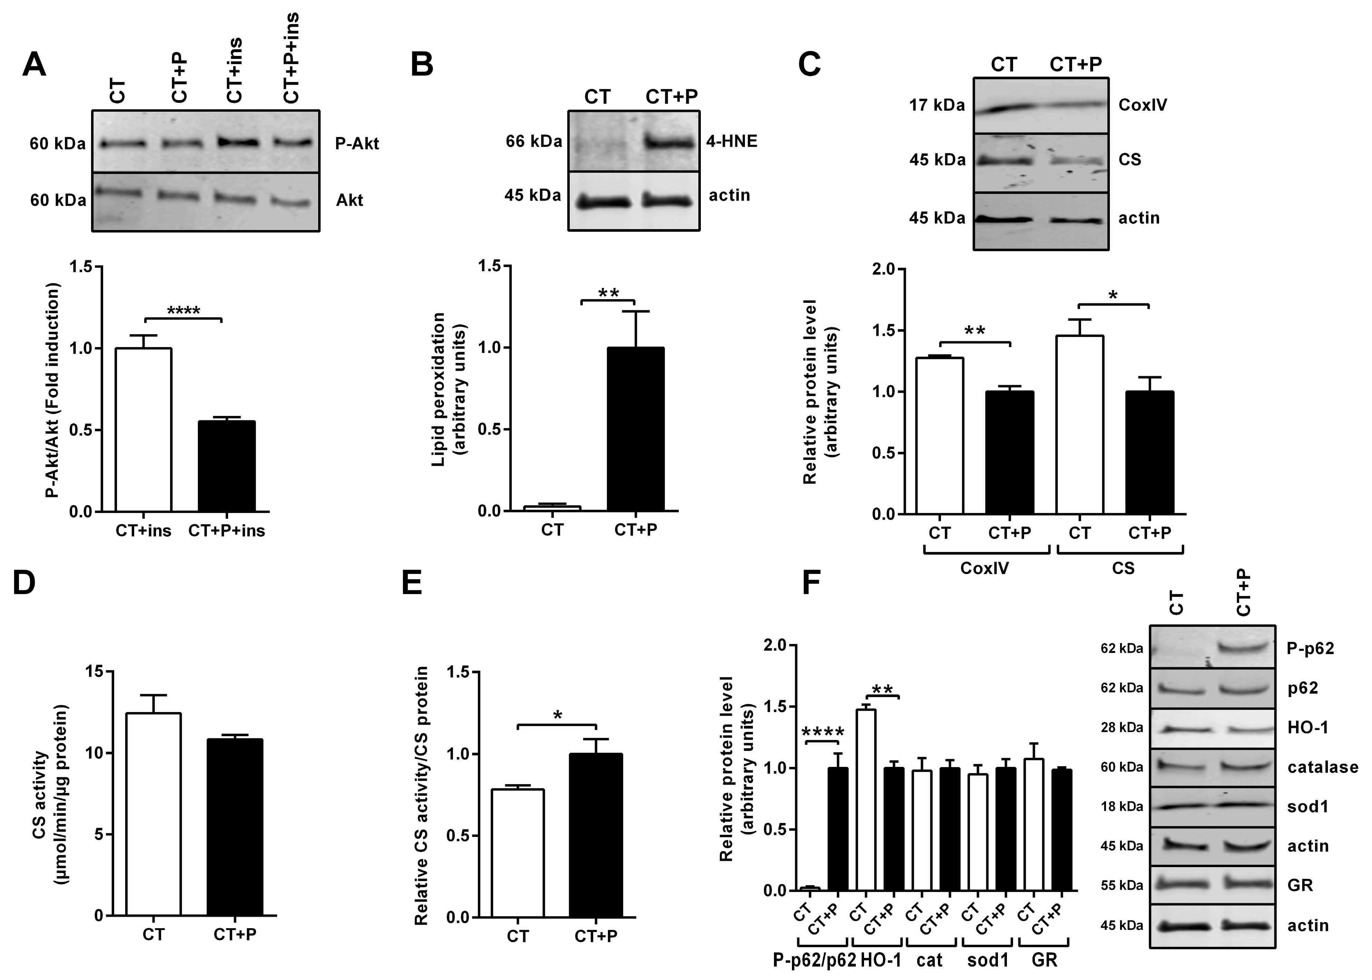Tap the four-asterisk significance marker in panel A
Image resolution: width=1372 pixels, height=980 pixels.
pos(184,311)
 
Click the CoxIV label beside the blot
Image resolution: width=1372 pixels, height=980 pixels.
pos(1143,105)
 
